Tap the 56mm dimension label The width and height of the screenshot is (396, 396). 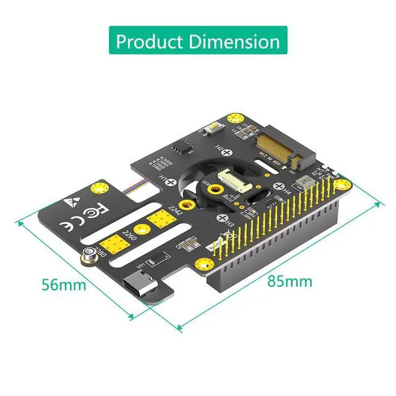point(64,285)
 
